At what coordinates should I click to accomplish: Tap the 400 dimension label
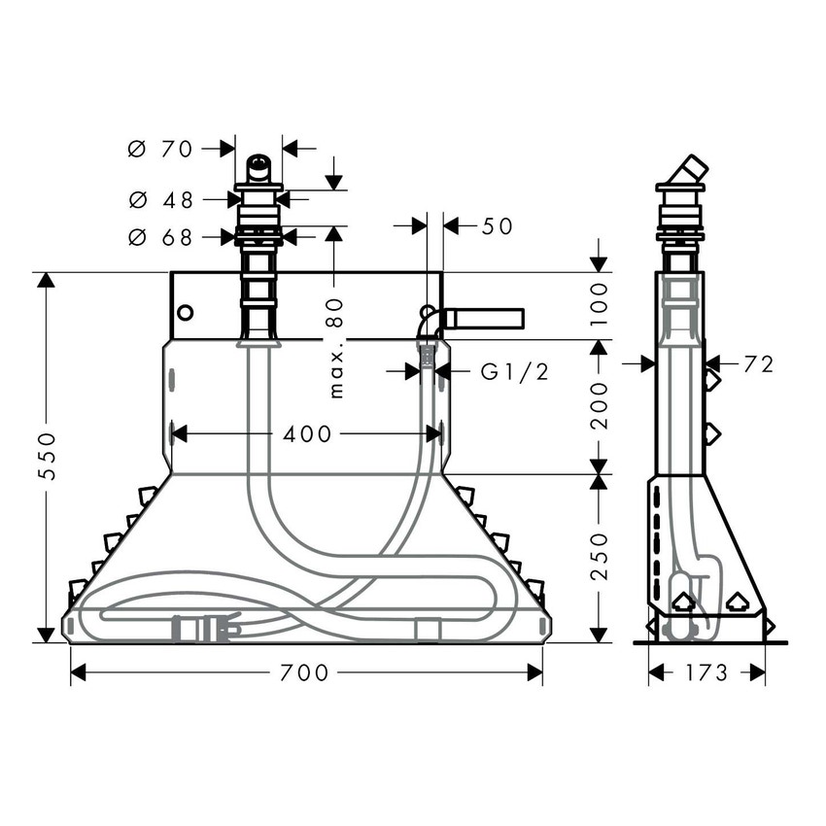point(306,433)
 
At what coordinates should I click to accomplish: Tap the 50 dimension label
point(497,226)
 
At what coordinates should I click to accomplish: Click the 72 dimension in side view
point(758,364)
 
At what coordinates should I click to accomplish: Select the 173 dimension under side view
point(706,672)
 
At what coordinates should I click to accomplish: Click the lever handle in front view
point(483,319)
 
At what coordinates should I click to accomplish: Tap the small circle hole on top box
point(186,313)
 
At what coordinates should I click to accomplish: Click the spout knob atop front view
point(258,168)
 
